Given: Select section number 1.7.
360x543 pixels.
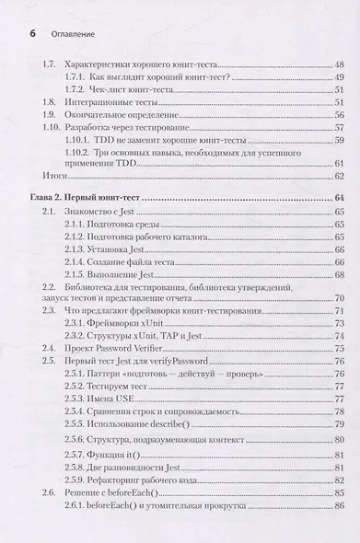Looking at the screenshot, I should click(51, 66).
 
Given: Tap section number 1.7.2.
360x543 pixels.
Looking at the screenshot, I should click(76, 90).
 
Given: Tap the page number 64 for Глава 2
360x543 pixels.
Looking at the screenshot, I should click(338, 199).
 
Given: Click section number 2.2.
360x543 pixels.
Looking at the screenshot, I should click(51, 289).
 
